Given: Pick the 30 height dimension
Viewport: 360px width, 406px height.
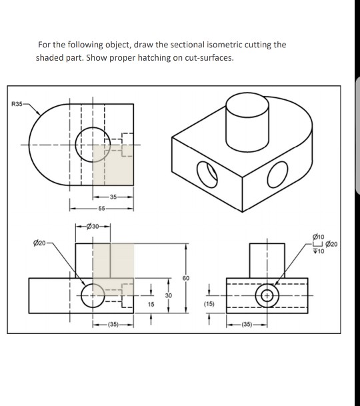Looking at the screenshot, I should [169, 295].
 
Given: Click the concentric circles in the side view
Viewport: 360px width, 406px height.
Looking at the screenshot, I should [268, 294].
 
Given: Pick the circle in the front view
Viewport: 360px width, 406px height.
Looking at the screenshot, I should [92, 294].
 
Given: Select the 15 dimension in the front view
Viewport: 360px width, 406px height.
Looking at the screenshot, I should [151, 303].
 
